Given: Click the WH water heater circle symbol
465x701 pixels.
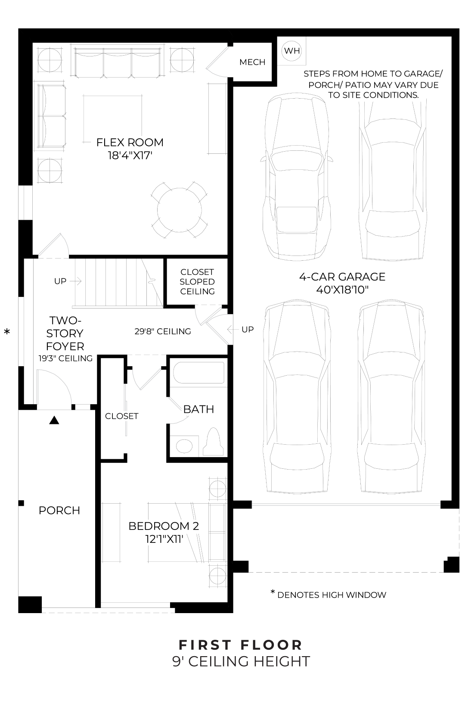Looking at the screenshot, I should pyautogui.click(x=292, y=51).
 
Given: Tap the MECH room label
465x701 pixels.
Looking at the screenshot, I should pyautogui.click(x=252, y=62).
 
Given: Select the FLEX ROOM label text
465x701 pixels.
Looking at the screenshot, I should pyautogui.click(x=130, y=142).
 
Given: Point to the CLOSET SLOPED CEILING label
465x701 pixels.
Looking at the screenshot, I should pyautogui.click(x=197, y=282).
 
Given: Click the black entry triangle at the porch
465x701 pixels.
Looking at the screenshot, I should pyautogui.click(x=54, y=420).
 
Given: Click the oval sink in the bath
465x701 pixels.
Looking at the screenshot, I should pyautogui.click(x=184, y=446).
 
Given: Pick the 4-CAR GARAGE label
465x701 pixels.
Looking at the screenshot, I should pyautogui.click(x=342, y=277).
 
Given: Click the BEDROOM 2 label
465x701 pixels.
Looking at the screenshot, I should pyautogui.click(x=164, y=526).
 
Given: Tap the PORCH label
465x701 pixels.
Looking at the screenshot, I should pyautogui.click(x=59, y=511).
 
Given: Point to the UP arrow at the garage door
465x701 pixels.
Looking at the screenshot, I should pyautogui.click(x=232, y=330).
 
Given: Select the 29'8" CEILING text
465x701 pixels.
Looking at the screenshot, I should pyautogui.click(x=162, y=331).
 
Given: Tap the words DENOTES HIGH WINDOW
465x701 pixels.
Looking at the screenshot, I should pyautogui.click(x=332, y=595).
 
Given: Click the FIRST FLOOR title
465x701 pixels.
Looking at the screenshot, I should pyautogui.click(x=241, y=645).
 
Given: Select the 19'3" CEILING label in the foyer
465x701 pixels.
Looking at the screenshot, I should pyautogui.click(x=65, y=358).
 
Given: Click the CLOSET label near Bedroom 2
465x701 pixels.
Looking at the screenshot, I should pyautogui.click(x=121, y=416).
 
